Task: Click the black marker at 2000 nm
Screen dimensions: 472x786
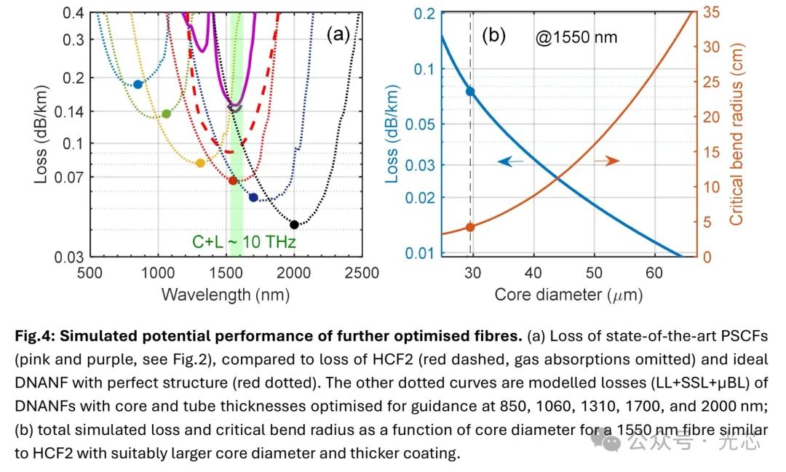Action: (x=294, y=225)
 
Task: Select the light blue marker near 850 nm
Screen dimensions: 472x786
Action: (x=138, y=84)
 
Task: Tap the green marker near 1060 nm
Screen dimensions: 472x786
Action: (x=166, y=113)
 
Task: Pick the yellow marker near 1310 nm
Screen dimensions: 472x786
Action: (x=200, y=163)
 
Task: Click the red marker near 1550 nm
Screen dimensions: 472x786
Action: (x=233, y=180)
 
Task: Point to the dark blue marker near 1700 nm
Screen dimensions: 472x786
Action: (x=253, y=197)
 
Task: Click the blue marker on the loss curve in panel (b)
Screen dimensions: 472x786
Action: (x=470, y=92)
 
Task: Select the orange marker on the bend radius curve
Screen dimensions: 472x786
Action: (x=469, y=228)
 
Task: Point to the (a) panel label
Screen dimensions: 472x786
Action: (x=338, y=34)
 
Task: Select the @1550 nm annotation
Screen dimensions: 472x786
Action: (x=576, y=37)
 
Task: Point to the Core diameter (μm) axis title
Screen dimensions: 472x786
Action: (x=568, y=295)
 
